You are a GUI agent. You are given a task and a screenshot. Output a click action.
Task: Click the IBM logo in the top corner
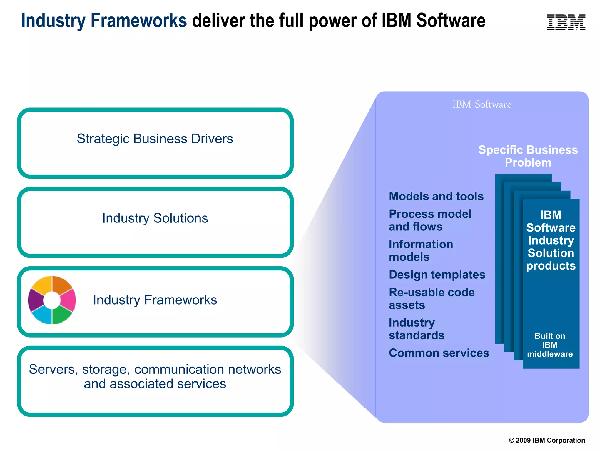click(566, 22)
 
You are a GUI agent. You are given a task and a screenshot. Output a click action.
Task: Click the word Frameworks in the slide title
click(138, 21)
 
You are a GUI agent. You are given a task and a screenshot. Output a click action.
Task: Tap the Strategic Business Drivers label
click(155, 139)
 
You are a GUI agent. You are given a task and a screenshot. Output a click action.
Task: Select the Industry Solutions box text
click(155, 218)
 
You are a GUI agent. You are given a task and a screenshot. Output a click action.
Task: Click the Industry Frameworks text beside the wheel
click(155, 300)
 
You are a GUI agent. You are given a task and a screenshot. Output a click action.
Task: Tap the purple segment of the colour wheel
click(35, 300)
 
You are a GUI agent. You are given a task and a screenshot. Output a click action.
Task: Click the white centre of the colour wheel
click(52, 300)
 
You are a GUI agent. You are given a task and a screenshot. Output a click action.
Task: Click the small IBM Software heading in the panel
click(481, 104)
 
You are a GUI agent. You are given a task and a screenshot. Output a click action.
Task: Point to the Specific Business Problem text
click(528, 156)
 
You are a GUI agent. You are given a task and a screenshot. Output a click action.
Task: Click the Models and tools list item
click(436, 196)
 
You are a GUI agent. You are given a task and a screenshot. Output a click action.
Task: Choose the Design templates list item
click(437, 275)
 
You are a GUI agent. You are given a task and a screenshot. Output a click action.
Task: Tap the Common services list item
click(439, 353)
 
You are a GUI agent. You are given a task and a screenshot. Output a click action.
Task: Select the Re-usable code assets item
click(432, 298)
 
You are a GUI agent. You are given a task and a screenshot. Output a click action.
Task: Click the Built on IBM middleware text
click(550, 345)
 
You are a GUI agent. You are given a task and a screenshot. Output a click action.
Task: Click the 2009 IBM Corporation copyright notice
click(547, 440)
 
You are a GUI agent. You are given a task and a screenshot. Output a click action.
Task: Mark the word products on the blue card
click(551, 266)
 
